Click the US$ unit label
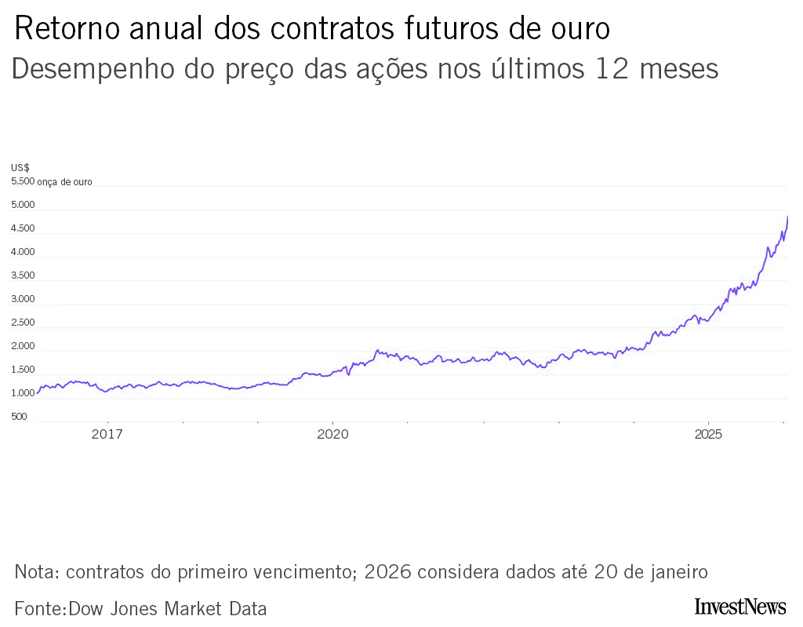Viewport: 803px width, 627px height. click(x=20, y=167)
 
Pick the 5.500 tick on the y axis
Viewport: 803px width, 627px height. click(x=23, y=181)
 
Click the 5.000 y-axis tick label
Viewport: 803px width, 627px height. click(x=23, y=205)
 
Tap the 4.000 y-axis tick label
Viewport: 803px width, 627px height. click(x=23, y=252)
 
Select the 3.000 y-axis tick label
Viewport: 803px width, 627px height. click(x=23, y=299)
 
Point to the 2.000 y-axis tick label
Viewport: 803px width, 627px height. click(x=23, y=346)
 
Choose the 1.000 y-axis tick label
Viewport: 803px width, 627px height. click(x=23, y=393)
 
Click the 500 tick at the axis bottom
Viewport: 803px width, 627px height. click(x=20, y=417)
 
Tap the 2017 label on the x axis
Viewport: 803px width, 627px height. click(x=107, y=434)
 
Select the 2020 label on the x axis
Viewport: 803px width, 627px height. click(x=332, y=434)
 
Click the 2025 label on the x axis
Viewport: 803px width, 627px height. click(x=708, y=434)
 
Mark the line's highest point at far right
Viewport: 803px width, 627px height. click(x=787, y=217)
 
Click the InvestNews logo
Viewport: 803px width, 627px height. click(x=739, y=607)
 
